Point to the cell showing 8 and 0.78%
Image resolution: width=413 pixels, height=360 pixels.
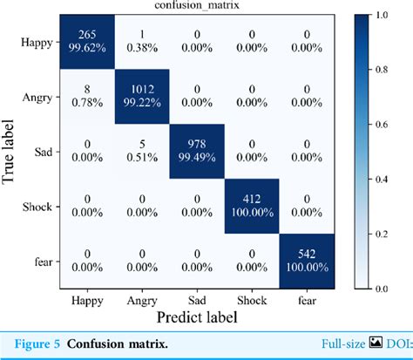pyautogui.click(x=85, y=100)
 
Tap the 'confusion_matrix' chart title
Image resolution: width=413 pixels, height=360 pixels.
pyautogui.click(x=199, y=7)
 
